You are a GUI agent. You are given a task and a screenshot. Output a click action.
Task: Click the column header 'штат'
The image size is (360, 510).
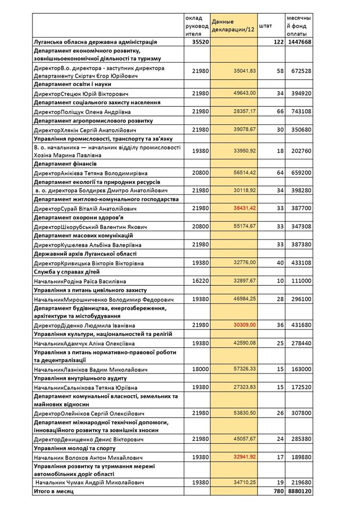point(265,25)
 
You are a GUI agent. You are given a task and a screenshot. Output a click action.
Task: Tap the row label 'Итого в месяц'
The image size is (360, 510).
point(54,492)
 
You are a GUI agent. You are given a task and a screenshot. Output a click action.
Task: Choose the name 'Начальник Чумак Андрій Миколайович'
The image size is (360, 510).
point(90,482)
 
